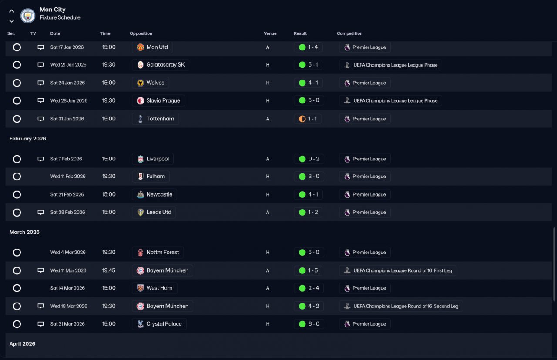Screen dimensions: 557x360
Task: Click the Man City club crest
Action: pos(27,16)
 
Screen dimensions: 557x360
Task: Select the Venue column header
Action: pos(270,33)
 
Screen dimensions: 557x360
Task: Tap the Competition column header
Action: pos(349,33)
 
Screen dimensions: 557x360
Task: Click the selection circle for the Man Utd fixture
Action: pos(17,47)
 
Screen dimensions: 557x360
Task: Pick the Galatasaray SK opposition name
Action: pos(165,65)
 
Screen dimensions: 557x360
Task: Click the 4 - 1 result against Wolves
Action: pos(313,83)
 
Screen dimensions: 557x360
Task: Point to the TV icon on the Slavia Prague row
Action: pos(40,100)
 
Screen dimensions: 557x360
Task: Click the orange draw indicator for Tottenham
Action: pos(302,119)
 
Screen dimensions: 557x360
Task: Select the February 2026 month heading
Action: pos(27,138)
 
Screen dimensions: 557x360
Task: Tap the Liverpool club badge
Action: pos(140,159)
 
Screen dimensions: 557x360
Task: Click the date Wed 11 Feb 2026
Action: pos(68,177)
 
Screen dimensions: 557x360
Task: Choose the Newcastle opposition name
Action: pos(159,194)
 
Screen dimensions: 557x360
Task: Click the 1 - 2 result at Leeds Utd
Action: pos(313,212)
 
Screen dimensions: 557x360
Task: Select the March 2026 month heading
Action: pos(24,232)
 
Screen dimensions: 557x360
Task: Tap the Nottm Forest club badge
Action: pos(140,253)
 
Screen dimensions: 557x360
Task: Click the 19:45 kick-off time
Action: pos(108,270)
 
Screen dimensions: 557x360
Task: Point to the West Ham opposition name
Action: pos(159,288)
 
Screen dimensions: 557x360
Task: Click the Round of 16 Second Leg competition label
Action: pos(406,306)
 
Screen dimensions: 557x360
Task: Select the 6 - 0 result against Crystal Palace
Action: pos(314,324)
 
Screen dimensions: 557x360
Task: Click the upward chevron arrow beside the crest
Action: pos(11,11)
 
